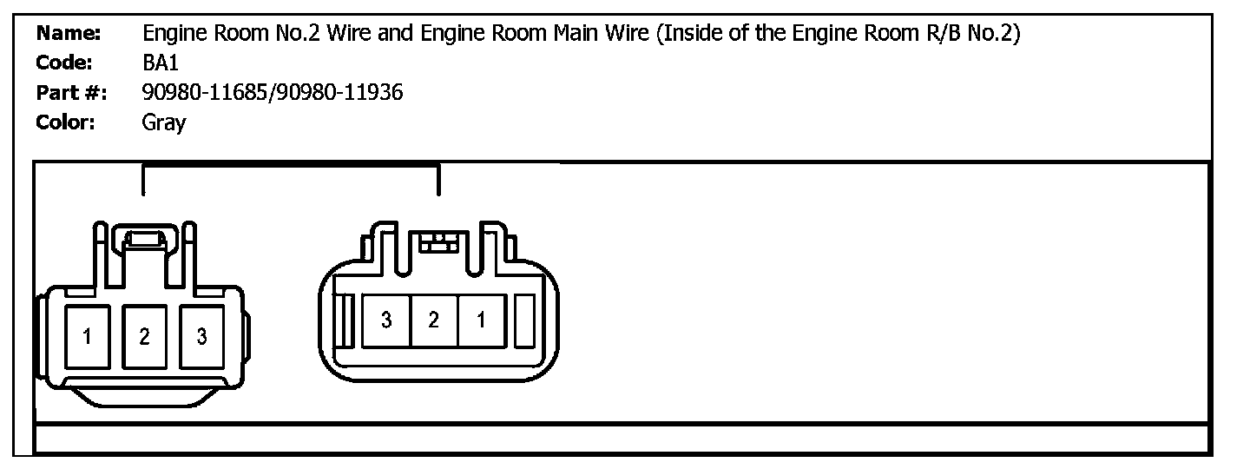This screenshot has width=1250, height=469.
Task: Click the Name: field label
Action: (69, 35)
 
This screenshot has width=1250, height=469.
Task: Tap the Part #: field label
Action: (71, 92)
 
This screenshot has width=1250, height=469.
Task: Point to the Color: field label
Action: (66, 122)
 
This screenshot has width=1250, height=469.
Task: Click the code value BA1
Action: (160, 63)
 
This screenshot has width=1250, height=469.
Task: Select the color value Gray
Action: (163, 122)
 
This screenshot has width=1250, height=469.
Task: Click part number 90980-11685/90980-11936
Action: (272, 92)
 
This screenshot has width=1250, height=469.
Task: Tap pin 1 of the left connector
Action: (88, 336)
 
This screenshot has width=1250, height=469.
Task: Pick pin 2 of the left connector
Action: (144, 336)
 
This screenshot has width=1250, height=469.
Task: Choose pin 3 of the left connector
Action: (201, 336)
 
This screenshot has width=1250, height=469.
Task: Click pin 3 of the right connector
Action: (386, 320)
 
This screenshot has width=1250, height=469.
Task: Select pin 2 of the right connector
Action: (433, 320)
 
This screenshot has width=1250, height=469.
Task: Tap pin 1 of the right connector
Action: (480, 320)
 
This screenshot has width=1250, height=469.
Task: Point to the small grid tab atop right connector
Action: (437, 243)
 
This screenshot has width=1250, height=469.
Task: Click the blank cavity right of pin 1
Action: (524, 321)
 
